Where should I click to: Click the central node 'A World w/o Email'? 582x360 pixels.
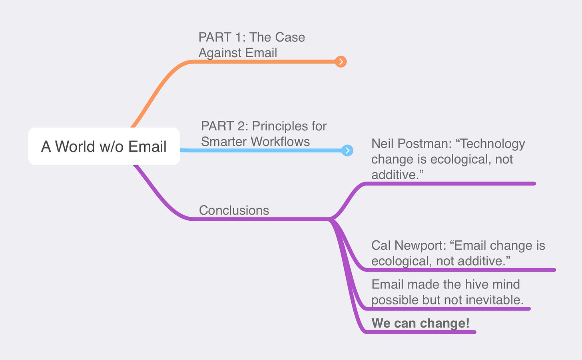104,146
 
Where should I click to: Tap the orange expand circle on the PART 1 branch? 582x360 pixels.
341,62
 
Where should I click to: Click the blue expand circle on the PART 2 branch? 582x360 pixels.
347,150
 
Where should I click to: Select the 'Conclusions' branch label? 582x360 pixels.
234,210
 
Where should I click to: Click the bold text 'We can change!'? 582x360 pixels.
421,323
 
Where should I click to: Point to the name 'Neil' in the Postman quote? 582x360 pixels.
383,144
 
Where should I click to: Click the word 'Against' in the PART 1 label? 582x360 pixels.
218,53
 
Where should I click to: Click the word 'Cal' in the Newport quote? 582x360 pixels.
381,245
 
